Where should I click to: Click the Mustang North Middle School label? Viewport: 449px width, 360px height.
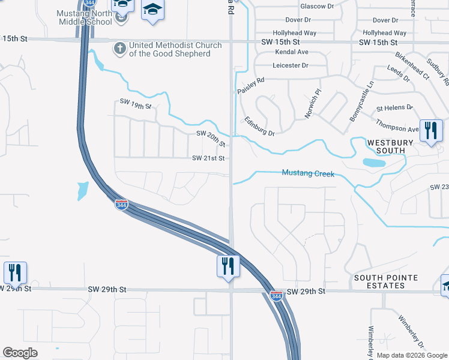84,17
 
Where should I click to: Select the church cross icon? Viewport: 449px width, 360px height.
119,47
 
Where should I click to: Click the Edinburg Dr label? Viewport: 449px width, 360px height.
259,125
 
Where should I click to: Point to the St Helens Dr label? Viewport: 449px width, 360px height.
394,108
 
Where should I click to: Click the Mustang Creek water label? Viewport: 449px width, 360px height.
307,173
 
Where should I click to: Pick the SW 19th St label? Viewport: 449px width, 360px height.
136,106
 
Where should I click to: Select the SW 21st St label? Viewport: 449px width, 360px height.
208,158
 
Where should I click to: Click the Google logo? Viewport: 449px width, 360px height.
20,353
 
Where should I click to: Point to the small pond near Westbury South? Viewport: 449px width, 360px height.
374,163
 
